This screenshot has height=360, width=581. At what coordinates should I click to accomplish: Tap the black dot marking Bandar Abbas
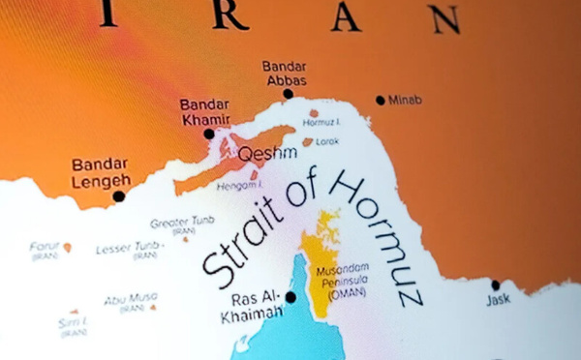coord(288,94)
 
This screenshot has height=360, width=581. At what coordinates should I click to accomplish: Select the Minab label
coord(405,100)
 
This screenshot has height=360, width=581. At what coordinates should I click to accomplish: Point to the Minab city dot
coord(381,100)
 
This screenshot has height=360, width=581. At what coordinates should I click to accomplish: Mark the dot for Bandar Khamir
coord(209,135)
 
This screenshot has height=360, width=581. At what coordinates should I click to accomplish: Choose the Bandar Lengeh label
coord(101,171)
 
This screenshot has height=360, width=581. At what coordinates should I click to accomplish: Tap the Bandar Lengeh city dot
coord(119,196)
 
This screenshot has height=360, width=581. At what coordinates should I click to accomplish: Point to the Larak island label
coord(327,141)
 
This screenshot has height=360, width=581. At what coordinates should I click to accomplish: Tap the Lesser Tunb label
coord(128,249)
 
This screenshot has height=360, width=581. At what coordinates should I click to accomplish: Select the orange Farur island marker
coord(67,248)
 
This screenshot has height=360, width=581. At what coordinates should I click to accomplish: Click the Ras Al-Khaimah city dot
coord(290,297)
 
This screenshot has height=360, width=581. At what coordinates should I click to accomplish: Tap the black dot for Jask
coord(495,285)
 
